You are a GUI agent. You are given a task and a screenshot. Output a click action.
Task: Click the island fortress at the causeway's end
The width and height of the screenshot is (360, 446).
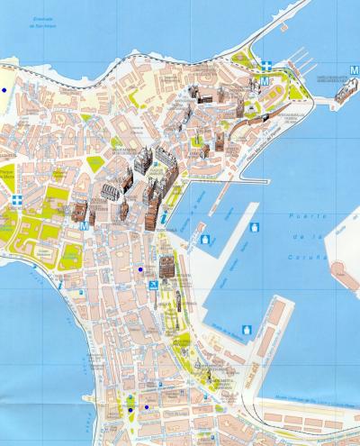pyautogui.click(x=344, y=89)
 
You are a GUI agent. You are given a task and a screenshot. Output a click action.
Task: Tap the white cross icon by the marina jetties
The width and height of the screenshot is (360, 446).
pyautogui.click(x=268, y=65)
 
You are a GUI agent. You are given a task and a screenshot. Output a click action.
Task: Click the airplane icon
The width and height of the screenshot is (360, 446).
pyautogui.click(x=153, y=285)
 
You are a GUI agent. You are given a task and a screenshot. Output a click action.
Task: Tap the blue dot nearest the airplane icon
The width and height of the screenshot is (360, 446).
pyautogui.click(x=140, y=269)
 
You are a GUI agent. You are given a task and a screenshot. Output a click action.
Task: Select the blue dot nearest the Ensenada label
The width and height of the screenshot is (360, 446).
pyautogui.click(x=4, y=90)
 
